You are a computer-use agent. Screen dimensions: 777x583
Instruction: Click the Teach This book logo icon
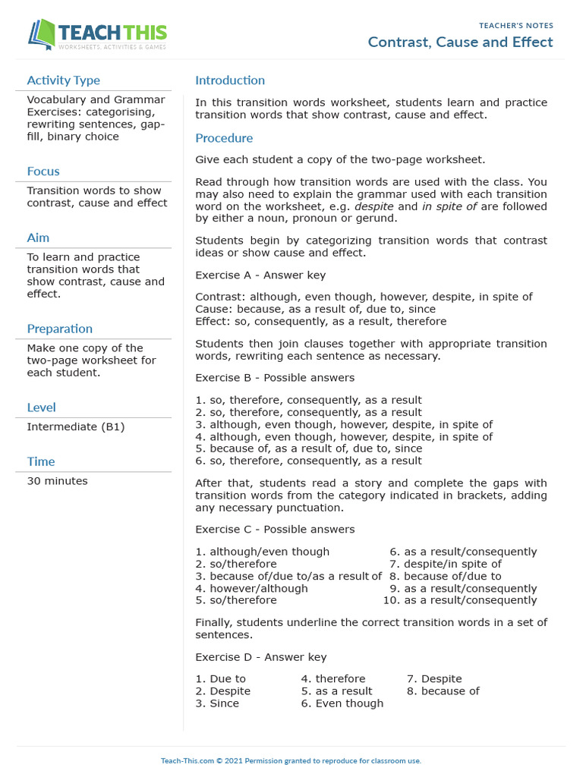(x=41, y=34)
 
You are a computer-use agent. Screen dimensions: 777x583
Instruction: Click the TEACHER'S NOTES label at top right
(x=516, y=26)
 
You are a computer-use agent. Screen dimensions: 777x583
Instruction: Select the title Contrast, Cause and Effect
(x=460, y=42)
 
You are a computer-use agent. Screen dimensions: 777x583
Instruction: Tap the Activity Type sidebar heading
(x=63, y=80)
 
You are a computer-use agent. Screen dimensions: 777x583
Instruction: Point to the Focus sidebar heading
(x=43, y=171)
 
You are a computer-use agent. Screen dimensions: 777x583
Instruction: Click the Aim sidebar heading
(x=38, y=238)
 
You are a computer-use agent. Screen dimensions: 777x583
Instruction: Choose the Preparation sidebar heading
(x=59, y=329)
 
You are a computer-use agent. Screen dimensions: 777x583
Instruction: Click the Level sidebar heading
(x=41, y=407)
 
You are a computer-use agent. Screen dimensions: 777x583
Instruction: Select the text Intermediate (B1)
(x=76, y=427)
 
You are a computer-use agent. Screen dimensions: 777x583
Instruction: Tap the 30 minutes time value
(x=57, y=481)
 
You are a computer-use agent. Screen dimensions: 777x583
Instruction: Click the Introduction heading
(x=230, y=80)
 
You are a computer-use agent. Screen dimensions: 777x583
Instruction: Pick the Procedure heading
(x=224, y=138)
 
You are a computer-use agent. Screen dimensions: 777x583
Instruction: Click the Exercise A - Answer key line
(x=260, y=275)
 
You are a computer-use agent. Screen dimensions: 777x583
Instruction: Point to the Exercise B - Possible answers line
(x=275, y=378)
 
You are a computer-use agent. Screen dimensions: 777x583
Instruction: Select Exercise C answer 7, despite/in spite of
(x=452, y=564)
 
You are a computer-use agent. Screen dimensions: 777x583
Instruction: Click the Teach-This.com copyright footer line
(x=291, y=760)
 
